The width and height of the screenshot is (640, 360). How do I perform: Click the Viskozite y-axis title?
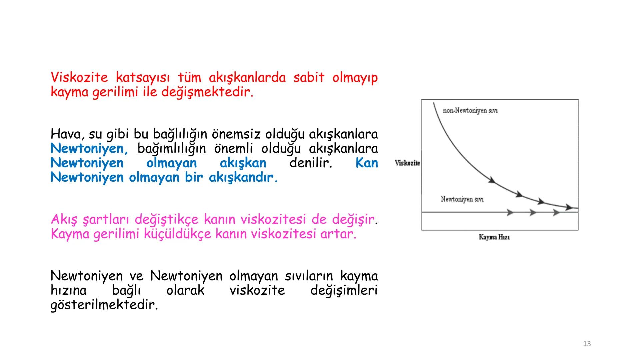pos(407,163)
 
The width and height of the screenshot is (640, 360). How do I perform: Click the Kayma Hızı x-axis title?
pos(494,237)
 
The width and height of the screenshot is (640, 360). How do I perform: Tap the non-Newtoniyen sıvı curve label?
pos(470,111)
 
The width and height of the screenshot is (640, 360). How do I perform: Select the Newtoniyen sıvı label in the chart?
pos(462,199)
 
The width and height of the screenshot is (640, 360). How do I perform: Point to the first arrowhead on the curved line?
pos(492,180)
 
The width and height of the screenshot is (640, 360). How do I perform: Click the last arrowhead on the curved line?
pos(569,207)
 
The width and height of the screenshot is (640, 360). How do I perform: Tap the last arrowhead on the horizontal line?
pos(556,212)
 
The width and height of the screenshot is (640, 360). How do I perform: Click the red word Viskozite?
pos(79,78)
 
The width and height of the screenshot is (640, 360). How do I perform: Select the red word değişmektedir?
pos(207,92)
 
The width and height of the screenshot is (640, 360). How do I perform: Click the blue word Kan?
pos(367,163)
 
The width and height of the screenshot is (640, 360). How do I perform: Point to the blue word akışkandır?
pos(243,177)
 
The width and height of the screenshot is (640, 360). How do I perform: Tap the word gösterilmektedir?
pos(104,305)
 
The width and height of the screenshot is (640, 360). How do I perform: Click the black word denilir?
pos(311,163)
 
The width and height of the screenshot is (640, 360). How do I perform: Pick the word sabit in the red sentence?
pos(309,78)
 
